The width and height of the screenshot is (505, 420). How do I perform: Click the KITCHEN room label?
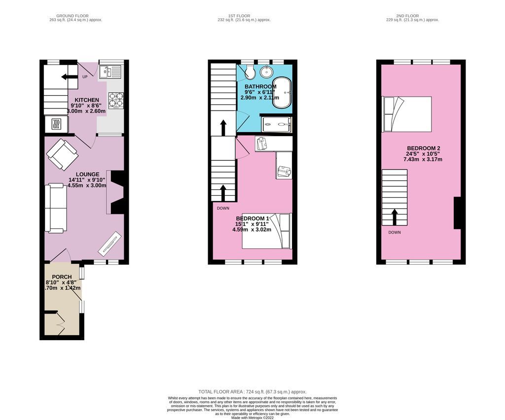click(x=87, y=100)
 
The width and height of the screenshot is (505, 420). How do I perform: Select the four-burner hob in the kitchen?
click(x=115, y=100)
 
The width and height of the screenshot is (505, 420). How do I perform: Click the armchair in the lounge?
click(x=62, y=154)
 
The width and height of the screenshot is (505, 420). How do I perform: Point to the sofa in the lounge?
click(x=55, y=208)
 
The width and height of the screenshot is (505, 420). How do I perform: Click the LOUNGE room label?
click(x=87, y=174)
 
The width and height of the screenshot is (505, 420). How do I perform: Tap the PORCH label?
click(x=62, y=277)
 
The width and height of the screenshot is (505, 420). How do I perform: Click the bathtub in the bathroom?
click(x=282, y=92)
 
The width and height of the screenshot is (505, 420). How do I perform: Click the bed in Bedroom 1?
click(x=267, y=231)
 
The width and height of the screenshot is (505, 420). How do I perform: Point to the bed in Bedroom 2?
click(x=407, y=114)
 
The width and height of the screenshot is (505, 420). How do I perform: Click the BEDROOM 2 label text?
click(x=423, y=148)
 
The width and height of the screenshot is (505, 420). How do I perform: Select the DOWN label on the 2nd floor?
click(x=395, y=232)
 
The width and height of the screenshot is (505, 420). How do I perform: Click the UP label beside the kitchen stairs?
click(x=84, y=77)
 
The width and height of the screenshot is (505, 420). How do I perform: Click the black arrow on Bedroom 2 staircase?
click(x=395, y=215)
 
